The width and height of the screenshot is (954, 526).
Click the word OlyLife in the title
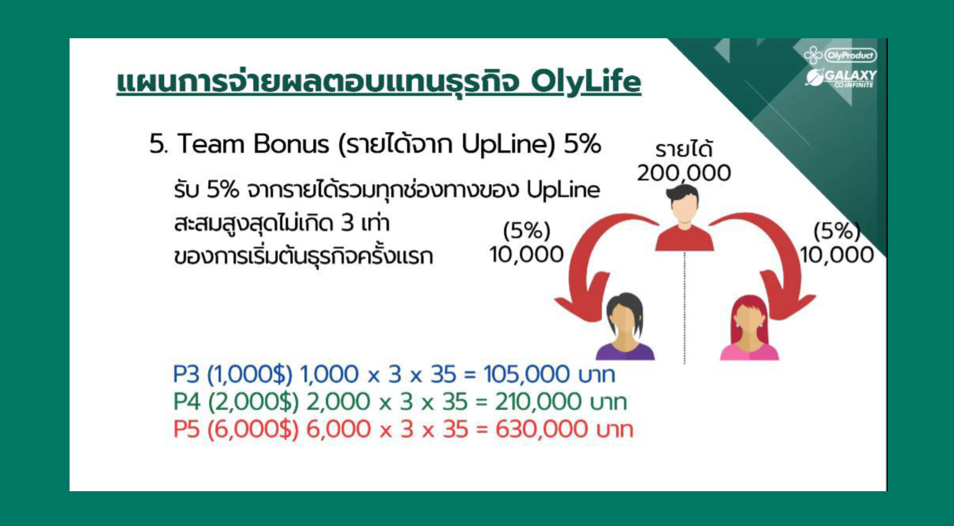click(586, 82)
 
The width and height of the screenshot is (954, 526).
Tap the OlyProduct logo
click(840, 55)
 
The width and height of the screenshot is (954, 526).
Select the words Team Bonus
click(253, 144)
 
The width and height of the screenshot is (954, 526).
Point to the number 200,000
click(684, 174)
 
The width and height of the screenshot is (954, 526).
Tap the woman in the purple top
click(625, 326)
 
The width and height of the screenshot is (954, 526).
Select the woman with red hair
click(749, 328)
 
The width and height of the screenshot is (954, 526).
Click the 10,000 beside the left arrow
click(526, 255)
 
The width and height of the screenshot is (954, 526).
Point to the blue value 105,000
click(527, 374)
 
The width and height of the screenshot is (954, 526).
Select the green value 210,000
click(538, 402)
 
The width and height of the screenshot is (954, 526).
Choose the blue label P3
click(186, 374)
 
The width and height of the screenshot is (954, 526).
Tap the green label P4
click(186, 402)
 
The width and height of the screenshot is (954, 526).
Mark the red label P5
click(186, 429)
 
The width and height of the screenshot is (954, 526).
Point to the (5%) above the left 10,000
click(527, 231)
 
